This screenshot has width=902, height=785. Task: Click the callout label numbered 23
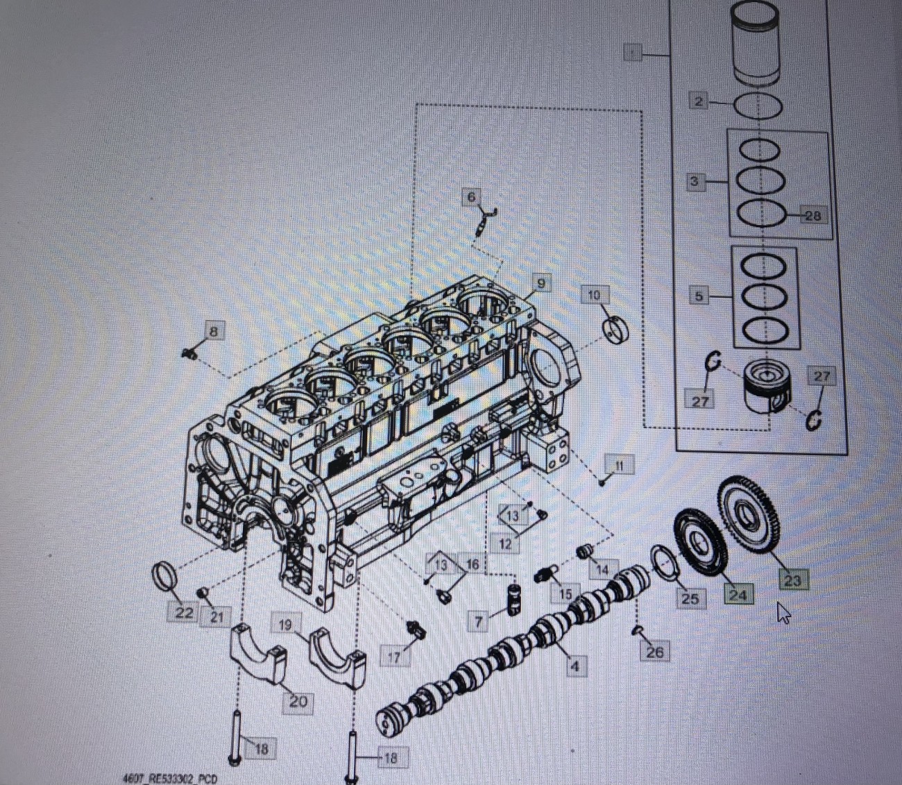click(792, 580)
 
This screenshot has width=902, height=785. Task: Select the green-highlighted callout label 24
click(738, 594)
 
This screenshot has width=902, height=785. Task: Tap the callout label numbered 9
click(541, 282)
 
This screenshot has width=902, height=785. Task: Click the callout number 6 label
click(472, 197)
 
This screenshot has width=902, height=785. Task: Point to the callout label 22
click(184, 612)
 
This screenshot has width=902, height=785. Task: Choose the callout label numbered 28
click(812, 215)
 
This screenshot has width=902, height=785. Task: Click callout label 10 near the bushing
click(594, 295)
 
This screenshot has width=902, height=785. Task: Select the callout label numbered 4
click(575, 666)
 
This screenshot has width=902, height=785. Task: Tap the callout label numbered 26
click(654, 652)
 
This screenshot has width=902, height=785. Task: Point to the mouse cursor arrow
click(783, 613)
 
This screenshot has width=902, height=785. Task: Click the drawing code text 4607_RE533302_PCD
click(169, 779)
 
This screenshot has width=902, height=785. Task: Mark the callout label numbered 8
click(213, 331)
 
